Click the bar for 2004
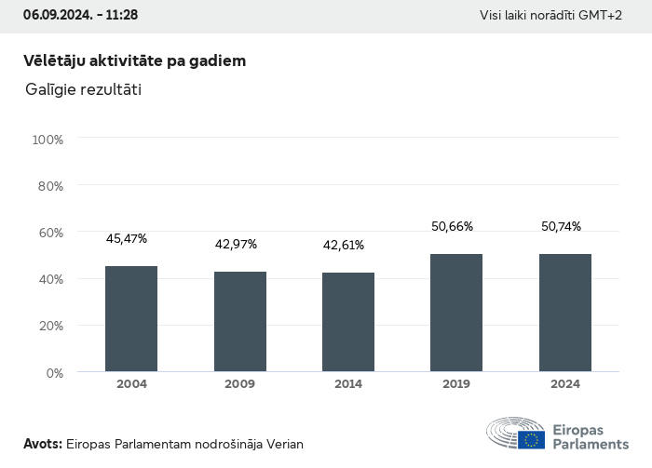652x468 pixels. tap(131, 319)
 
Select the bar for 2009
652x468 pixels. tap(240, 322)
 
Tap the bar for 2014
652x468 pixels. tap(348, 322)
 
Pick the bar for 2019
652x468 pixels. tap(456, 313)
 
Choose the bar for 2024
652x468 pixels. tap(565, 313)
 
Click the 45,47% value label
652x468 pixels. tap(127, 239)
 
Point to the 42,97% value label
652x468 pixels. tap(236, 245)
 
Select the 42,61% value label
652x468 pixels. tap(344, 246)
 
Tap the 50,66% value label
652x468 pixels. tap(452, 226)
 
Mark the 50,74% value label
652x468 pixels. tap(561, 226)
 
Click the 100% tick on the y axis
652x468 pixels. tap(48, 140)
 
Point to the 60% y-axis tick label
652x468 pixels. tap(49, 233)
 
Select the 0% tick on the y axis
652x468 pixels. tap(54, 372)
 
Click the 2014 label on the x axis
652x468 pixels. tap(348, 384)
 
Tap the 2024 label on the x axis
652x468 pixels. tap(565, 384)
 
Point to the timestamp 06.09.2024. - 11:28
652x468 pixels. tap(80, 15)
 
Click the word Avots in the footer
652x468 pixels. tap(42, 444)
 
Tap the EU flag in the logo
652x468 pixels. tap(532, 439)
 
